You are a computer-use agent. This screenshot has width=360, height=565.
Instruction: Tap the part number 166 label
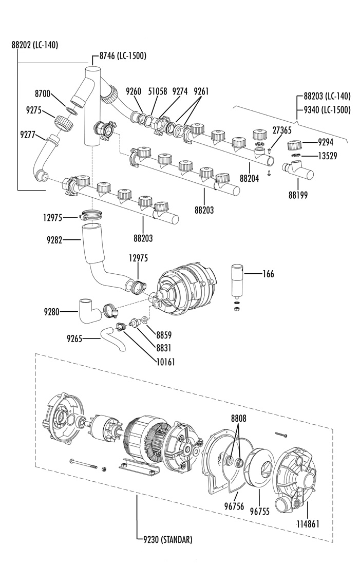[268, 274]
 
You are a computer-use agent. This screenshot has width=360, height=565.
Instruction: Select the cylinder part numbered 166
[237, 281]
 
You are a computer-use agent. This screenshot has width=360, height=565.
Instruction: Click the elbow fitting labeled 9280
[90, 311]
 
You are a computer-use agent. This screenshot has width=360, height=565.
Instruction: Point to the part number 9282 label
[54, 240]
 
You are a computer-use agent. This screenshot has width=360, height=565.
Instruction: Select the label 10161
[165, 362]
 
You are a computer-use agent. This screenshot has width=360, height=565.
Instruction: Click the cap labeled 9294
[294, 146]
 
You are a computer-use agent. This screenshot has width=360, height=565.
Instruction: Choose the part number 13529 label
[327, 156]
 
